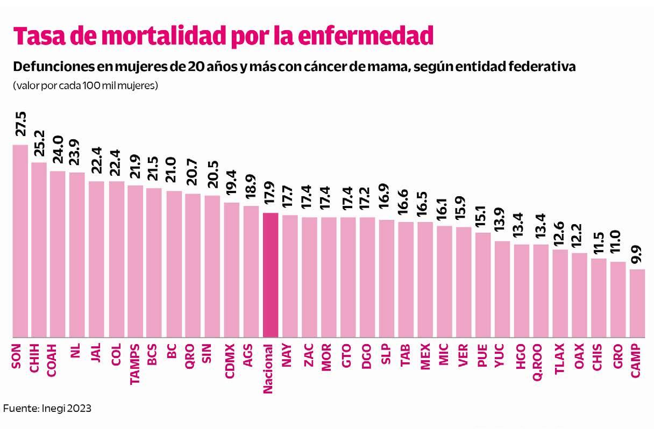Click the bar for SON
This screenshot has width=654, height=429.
(x=20, y=241)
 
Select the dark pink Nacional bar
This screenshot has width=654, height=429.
(x=271, y=275)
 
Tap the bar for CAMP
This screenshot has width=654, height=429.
(x=637, y=303)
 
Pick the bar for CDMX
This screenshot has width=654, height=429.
(x=232, y=270)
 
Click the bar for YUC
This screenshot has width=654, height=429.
(x=502, y=289)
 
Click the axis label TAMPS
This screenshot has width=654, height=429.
(x=136, y=364)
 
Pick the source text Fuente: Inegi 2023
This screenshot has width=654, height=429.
(x=48, y=409)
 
